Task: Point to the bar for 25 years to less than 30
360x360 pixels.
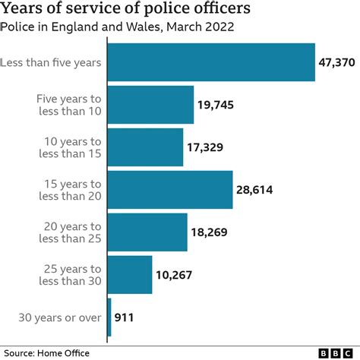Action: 130,275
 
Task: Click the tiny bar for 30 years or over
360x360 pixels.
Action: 109,317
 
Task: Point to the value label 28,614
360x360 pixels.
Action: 258,190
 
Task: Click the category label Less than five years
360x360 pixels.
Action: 51,62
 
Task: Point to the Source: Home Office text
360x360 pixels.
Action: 46,352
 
